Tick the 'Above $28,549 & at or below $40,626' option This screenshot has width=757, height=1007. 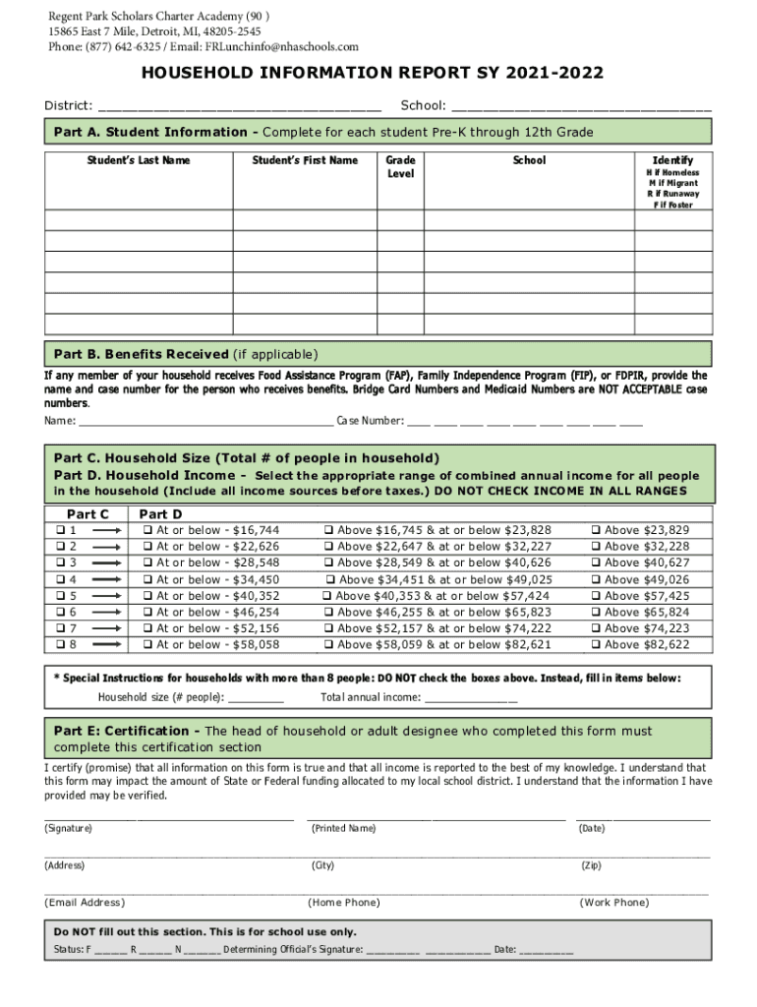[328, 563]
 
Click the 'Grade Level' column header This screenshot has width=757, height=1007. [400, 166]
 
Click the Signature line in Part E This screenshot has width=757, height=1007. [168, 815]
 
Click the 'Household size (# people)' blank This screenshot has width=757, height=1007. [256, 699]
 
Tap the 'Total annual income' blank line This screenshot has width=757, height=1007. [471, 699]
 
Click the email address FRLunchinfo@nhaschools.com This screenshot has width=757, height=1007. [282, 46]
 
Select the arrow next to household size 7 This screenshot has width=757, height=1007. [105, 628]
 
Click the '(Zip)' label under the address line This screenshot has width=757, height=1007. [591, 865]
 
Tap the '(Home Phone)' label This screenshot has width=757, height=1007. [343, 902]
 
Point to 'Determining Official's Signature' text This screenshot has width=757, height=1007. [293, 950]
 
